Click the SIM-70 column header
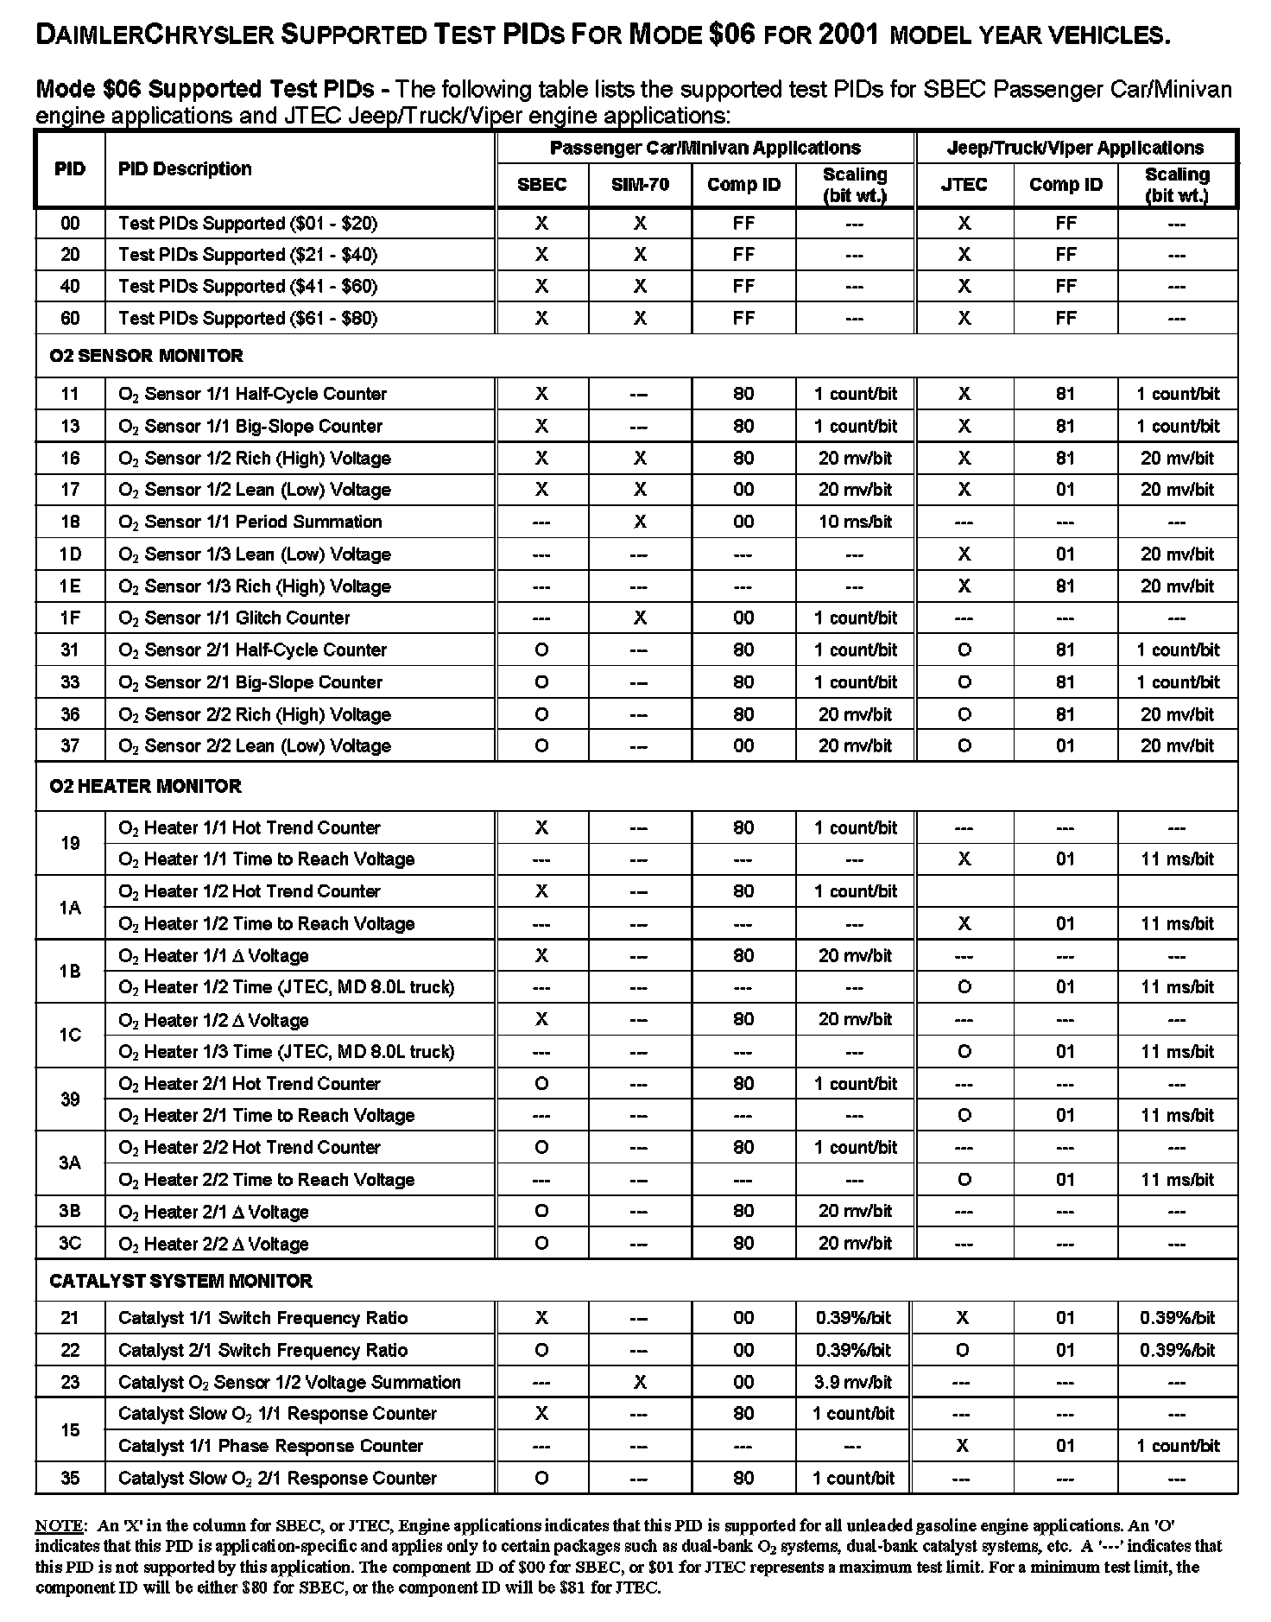pos(640,185)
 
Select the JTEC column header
pos(964,185)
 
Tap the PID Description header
pos(185,169)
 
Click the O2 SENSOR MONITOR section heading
pos(146,356)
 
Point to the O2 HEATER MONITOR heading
pos(145,786)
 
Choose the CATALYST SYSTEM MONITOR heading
pos(180,1281)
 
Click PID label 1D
pos(70,554)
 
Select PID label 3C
pos(70,1244)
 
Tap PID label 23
pos(70,1382)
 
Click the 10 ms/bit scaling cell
pos(855,522)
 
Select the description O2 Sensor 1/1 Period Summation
pos(250,522)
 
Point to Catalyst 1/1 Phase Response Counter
pos(270,1446)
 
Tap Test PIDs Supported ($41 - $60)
pos(248,286)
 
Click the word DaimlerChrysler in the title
pos(155,35)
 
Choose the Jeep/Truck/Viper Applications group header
pos(1075,148)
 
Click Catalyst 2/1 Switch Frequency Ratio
pos(262,1350)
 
